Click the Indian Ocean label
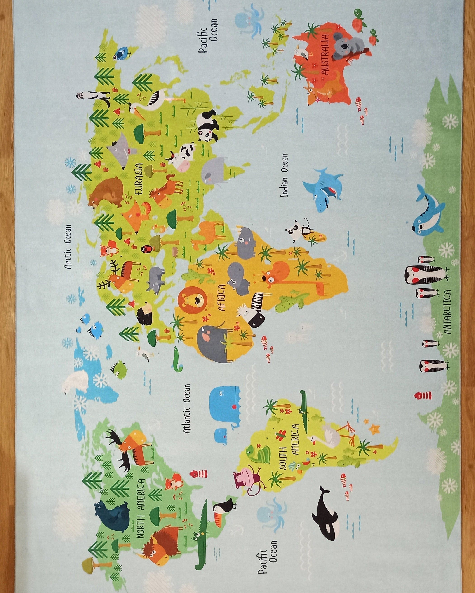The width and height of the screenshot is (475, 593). coord(284,175)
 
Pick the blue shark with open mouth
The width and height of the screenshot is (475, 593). coord(325,190)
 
